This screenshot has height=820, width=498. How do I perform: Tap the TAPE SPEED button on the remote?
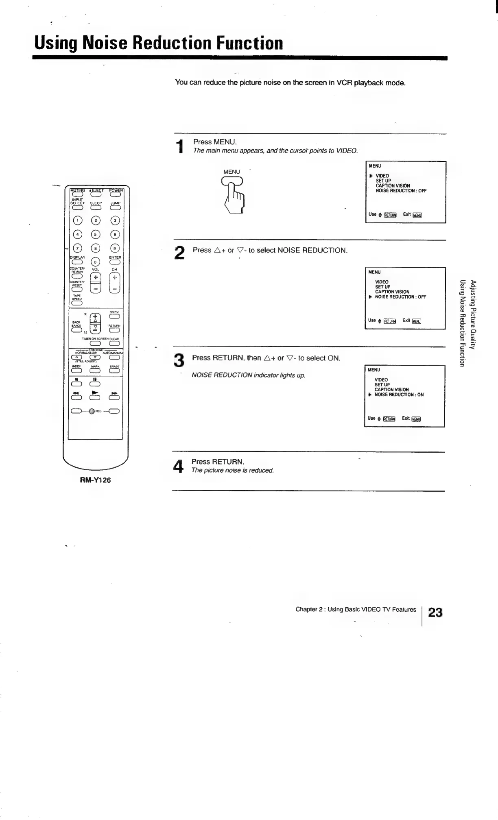click(x=77, y=302)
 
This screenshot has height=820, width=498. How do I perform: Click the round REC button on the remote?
click(x=92, y=411)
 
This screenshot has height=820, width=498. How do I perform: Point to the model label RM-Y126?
click(x=95, y=480)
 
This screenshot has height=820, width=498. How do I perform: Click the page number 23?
click(x=435, y=613)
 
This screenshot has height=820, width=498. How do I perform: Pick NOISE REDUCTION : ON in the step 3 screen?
click(x=399, y=395)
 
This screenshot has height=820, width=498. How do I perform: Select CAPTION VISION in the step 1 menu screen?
click(x=392, y=185)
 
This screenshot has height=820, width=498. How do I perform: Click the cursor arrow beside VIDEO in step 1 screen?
click(x=371, y=176)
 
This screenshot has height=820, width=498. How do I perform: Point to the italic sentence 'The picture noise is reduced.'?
click(x=233, y=471)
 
